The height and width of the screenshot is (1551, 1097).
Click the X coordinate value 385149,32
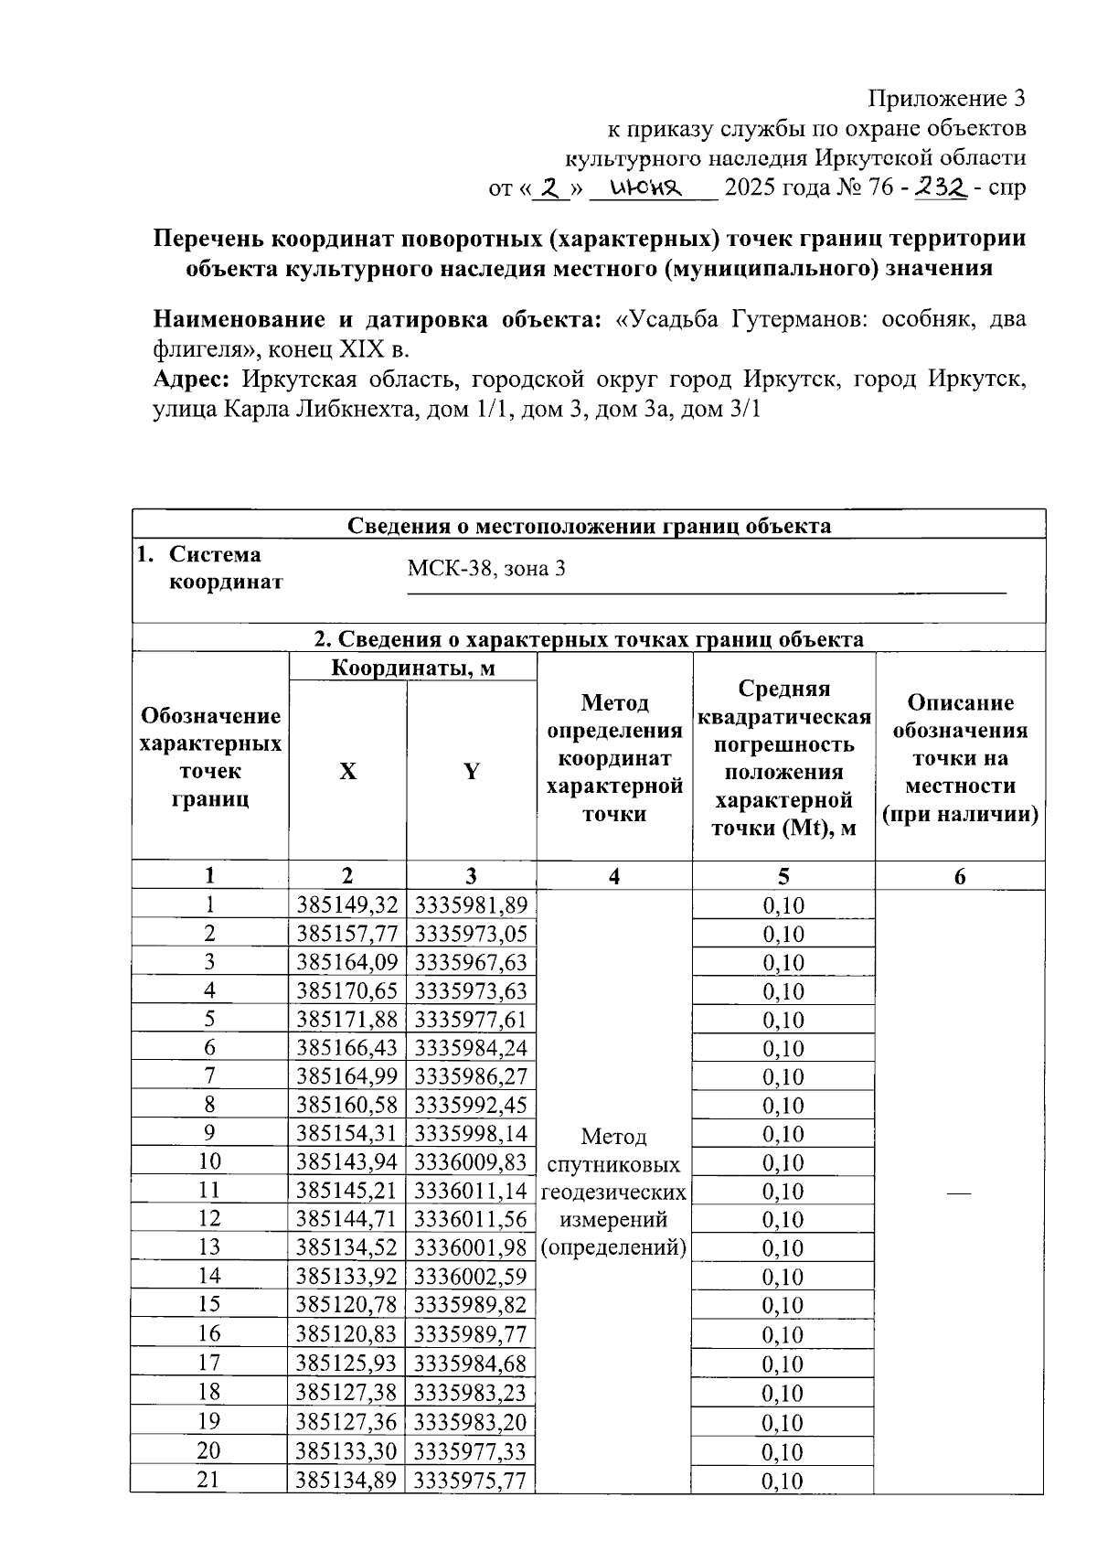click(347, 905)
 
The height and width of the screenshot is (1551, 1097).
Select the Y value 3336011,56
click(471, 1218)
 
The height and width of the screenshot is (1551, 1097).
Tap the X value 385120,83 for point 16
click(347, 1332)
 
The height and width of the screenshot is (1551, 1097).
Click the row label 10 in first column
click(209, 1161)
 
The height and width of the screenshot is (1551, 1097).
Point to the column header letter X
click(347, 772)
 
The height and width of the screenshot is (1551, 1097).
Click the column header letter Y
click(471, 772)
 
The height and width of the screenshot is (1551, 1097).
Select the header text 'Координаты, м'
click(412, 668)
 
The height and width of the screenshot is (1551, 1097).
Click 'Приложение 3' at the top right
click(946, 98)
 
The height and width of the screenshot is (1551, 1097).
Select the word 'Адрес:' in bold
click(190, 380)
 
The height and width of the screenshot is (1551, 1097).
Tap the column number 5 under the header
click(783, 876)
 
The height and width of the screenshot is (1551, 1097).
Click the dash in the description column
click(959, 1191)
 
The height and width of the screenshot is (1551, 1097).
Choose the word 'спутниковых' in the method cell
click(613, 1165)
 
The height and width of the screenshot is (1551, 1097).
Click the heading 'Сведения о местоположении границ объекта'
click(589, 526)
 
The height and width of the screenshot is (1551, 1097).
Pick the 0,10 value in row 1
click(783, 905)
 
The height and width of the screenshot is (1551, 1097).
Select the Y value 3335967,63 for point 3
click(471, 962)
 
